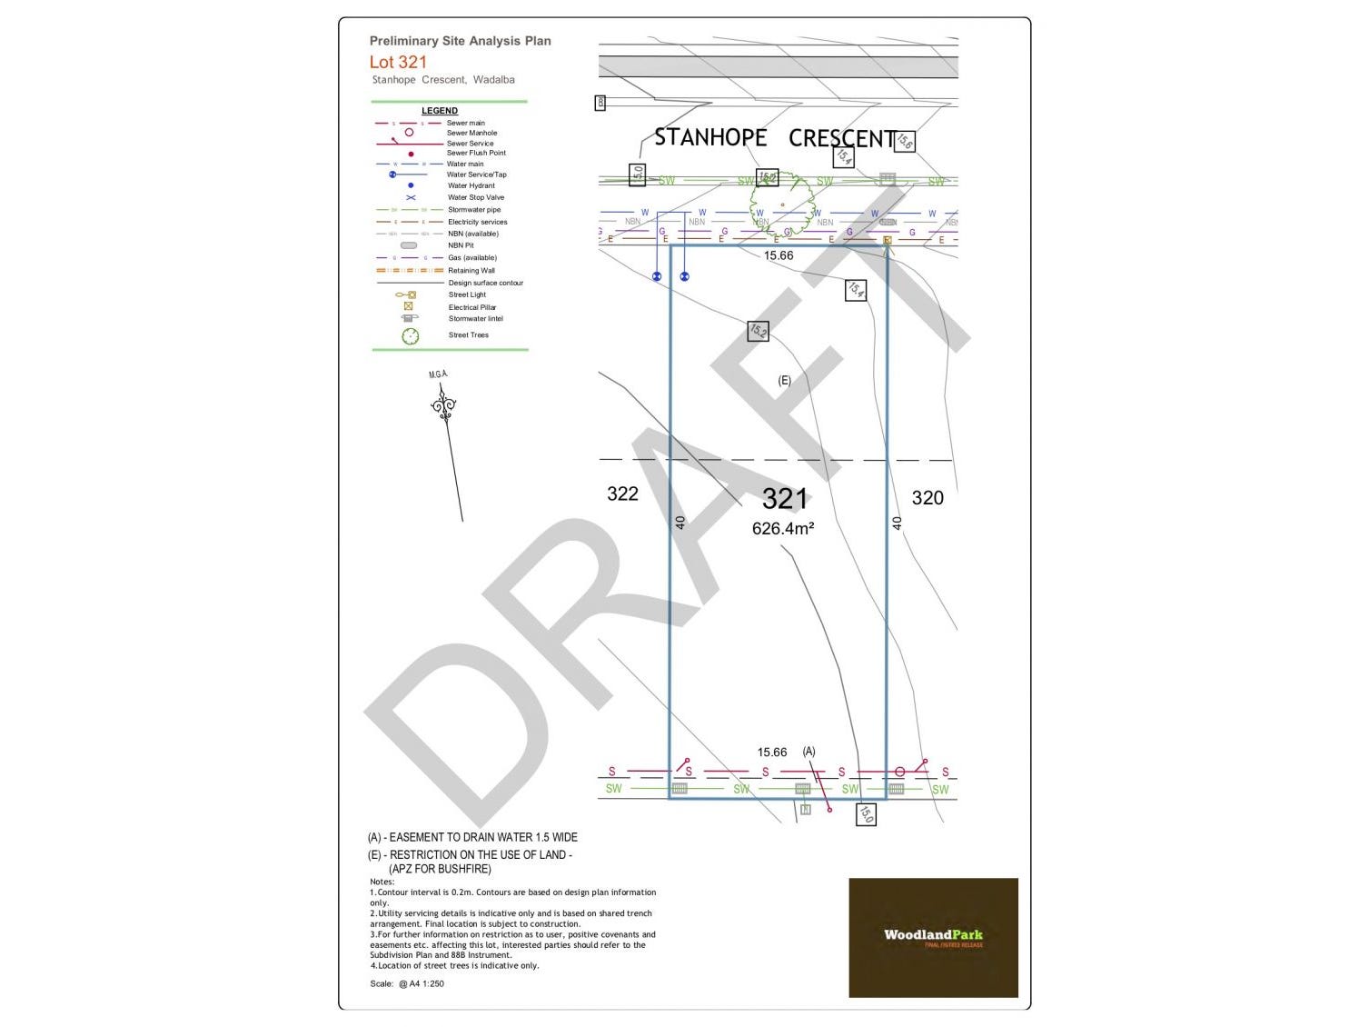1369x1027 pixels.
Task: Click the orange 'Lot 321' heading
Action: [398, 62]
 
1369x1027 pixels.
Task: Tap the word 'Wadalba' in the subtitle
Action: [493, 80]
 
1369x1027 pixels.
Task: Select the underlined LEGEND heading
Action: [440, 111]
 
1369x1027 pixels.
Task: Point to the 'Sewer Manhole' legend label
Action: [471, 133]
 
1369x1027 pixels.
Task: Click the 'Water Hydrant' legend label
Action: [471, 185]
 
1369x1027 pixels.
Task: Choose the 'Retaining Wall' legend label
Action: [471, 271]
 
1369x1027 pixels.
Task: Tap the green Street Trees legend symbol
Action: [411, 336]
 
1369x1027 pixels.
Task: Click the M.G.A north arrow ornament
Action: [442, 405]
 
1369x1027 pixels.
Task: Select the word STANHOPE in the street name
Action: [710, 137]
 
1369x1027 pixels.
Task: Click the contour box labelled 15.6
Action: [904, 141]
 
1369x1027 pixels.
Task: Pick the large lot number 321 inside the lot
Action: [784, 498]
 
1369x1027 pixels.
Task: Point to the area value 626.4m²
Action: [782, 528]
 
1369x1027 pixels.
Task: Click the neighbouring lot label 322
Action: [622, 494]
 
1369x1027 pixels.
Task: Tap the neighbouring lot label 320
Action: [928, 497]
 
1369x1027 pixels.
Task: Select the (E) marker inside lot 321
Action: [784, 381]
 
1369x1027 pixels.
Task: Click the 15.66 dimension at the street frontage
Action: [779, 255]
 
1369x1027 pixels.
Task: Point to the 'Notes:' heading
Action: [382, 882]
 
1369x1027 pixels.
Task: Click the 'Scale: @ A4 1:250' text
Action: [407, 983]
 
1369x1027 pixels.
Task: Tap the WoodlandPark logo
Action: [933, 937]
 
